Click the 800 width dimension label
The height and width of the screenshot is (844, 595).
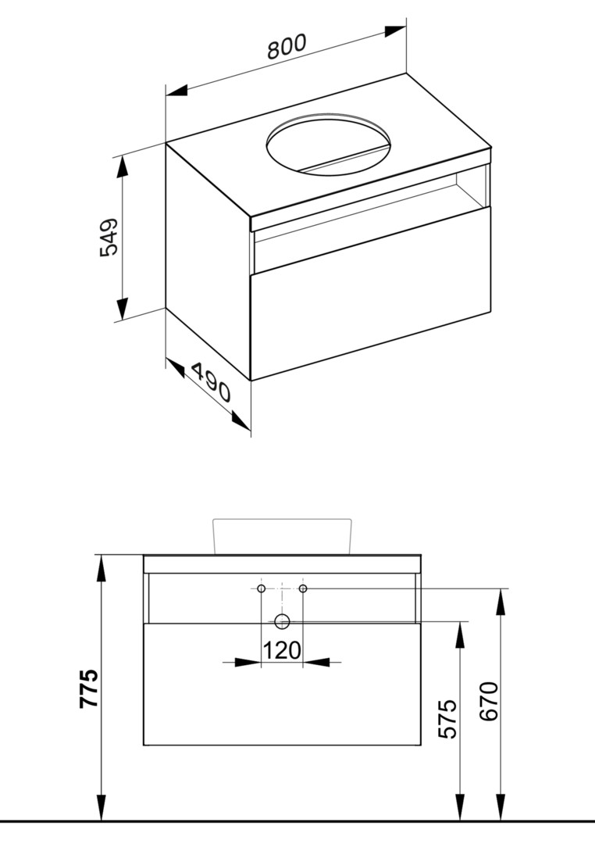[287, 46]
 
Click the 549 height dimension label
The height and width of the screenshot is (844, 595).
[109, 238]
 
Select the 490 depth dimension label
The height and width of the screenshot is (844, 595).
[211, 382]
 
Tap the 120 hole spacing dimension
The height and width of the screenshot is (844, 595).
[282, 650]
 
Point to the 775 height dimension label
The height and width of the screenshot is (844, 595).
[89, 688]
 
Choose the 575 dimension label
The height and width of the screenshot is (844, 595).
[447, 719]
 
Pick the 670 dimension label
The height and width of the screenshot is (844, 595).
[489, 702]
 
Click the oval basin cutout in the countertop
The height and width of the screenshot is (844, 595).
[329, 145]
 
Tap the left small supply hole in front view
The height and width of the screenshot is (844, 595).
[262, 588]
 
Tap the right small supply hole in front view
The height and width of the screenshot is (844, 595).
[303, 588]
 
